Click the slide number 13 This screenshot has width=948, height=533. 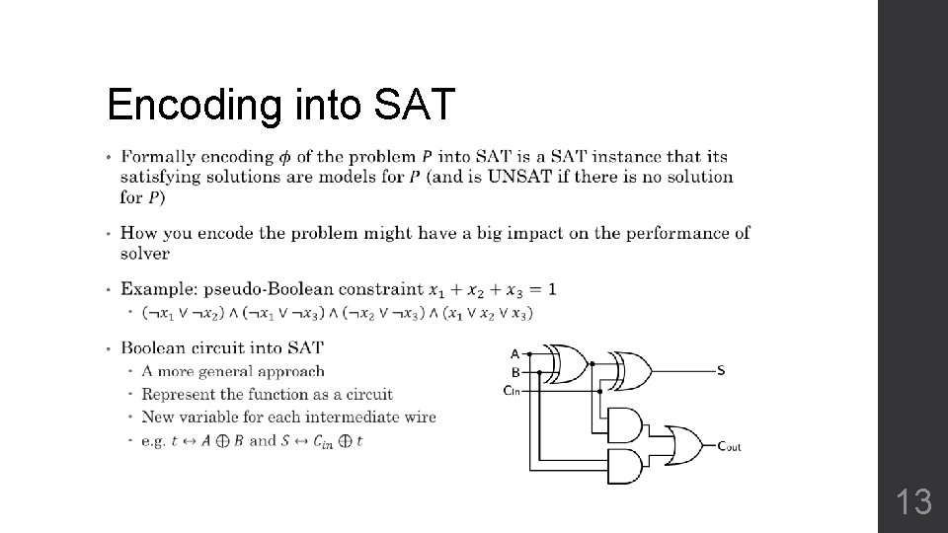914,502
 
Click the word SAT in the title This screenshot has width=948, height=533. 415,104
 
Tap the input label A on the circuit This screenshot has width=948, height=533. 514,353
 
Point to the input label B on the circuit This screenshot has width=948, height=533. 514,372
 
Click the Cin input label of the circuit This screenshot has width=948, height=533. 512,390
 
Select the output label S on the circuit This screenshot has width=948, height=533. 721,371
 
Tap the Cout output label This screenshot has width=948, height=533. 729,446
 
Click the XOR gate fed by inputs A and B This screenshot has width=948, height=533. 566,363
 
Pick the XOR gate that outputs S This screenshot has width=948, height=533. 629,371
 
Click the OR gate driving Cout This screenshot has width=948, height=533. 683,445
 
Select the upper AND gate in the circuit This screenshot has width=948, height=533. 624,424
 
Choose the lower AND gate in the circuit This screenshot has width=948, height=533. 624,466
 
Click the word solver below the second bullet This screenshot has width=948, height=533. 145,253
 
